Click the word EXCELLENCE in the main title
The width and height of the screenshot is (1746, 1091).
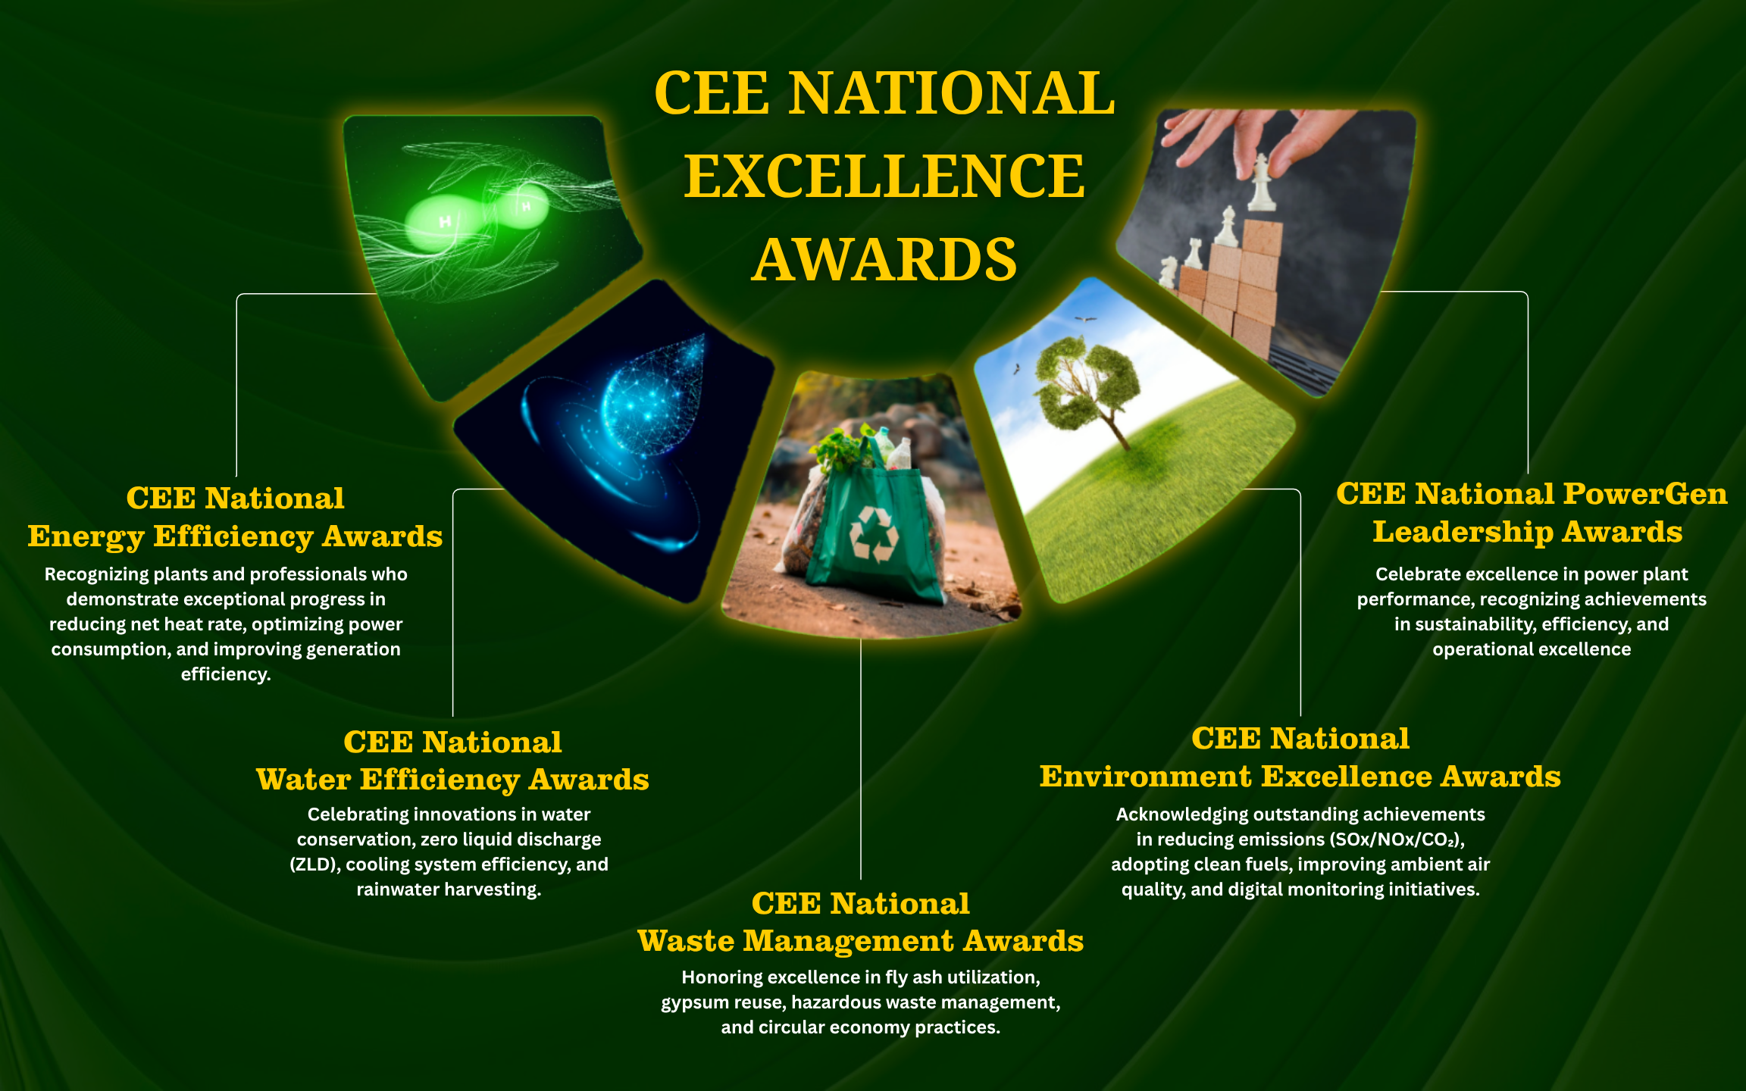tap(884, 176)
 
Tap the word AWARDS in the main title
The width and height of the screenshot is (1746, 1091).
tap(884, 259)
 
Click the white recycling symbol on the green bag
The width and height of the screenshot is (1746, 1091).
tap(873, 535)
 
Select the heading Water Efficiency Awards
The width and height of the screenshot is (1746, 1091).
tap(452, 780)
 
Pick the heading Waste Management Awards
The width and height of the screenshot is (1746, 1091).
tap(860, 941)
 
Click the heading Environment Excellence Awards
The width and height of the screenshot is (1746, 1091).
tap(1300, 777)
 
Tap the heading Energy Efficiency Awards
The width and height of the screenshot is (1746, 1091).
tap(235, 536)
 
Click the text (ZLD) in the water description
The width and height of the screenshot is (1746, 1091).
tap(314, 864)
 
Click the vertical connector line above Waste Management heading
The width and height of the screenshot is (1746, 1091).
tap(861, 758)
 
